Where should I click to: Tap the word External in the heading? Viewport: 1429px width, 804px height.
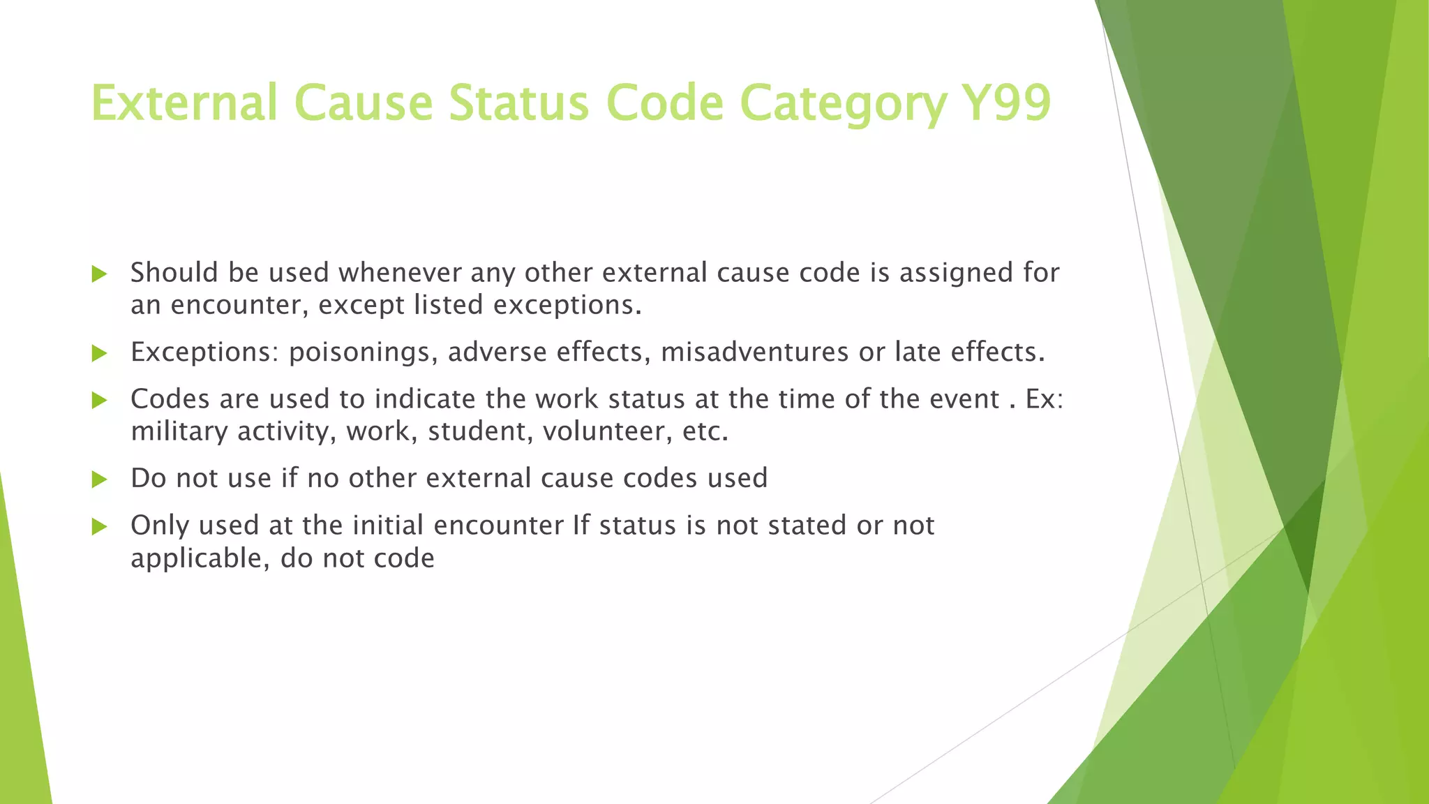[184, 103]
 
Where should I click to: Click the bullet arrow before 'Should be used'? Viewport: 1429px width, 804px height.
[99, 274]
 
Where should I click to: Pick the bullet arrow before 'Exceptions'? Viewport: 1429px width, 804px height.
[99, 353]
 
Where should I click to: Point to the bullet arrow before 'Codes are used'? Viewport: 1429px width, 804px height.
[99, 400]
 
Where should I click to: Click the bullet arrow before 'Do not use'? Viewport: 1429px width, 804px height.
[99, 479]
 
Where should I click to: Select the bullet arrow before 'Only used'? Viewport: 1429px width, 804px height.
[99, 526]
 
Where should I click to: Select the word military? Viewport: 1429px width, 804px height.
[179, 431]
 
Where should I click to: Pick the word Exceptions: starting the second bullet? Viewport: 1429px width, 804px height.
[204, 352]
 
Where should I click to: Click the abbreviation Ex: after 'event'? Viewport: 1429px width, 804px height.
[1045, 399]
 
